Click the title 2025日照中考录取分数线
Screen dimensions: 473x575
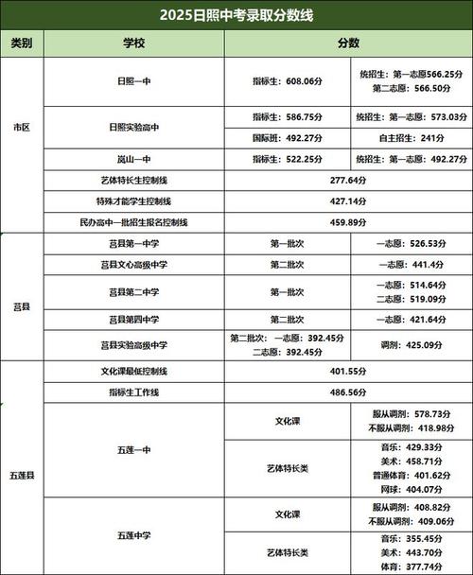pyautogui.click(x=236, y=14)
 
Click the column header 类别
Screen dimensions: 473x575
pyautogui.click(x=22, y=44)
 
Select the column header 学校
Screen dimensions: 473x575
pyautogui.click(x=133, y=44)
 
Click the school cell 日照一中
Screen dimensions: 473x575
pyautogui.click(x=133, y=82)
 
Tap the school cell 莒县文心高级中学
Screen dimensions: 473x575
pyautogui.click(x=133, y=265)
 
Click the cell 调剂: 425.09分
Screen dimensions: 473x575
pyautogui.click(x=409, y=344)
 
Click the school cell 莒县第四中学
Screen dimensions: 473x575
pyautogui.click(x=133, y=319)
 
